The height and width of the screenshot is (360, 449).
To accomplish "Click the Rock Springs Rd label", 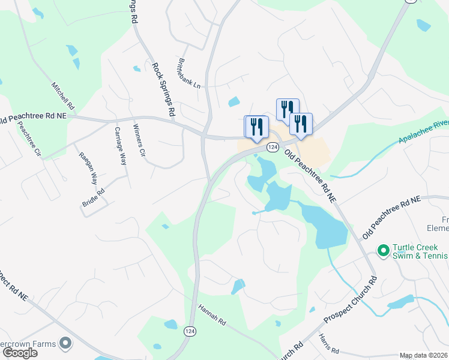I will coord(163,89).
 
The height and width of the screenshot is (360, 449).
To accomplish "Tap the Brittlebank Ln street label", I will coord(188,73).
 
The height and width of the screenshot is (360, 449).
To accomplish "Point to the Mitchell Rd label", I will coord(63,95).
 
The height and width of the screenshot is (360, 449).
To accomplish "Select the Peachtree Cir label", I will coord(29,139).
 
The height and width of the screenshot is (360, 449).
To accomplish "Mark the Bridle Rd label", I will coord(93,199).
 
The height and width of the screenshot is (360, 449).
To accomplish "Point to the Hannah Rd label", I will coord(213,313).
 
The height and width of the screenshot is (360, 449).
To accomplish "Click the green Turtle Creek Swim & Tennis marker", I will coord(382,248).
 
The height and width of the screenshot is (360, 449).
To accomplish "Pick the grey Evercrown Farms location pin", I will coord(65,344).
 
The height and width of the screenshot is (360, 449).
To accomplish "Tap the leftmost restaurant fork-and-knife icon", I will coord(256,126).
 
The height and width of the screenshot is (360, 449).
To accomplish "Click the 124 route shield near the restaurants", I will coord(273,147).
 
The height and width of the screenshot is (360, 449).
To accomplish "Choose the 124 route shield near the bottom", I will coord(190,331).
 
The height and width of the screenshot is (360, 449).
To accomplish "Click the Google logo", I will coord(19,353).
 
